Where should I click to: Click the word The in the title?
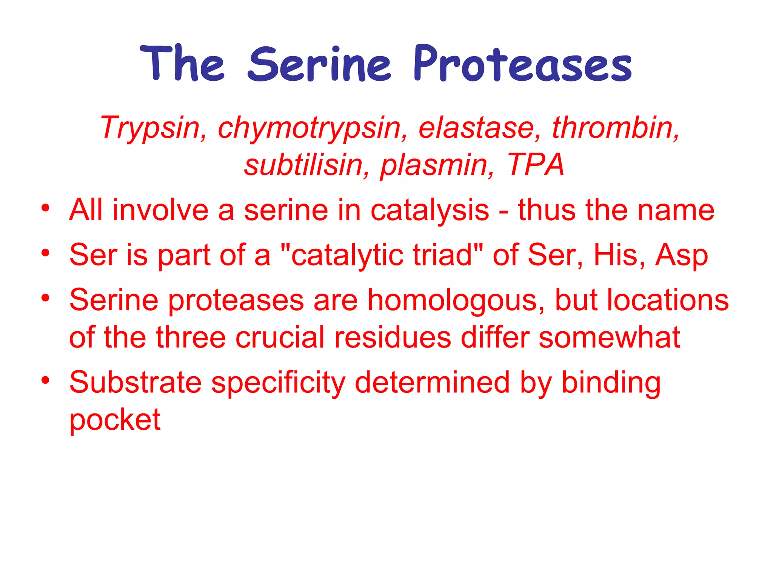(182, 63)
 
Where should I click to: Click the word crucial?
(280, 337)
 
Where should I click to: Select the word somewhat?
(609, 337)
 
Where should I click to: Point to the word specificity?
(278, 383)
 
